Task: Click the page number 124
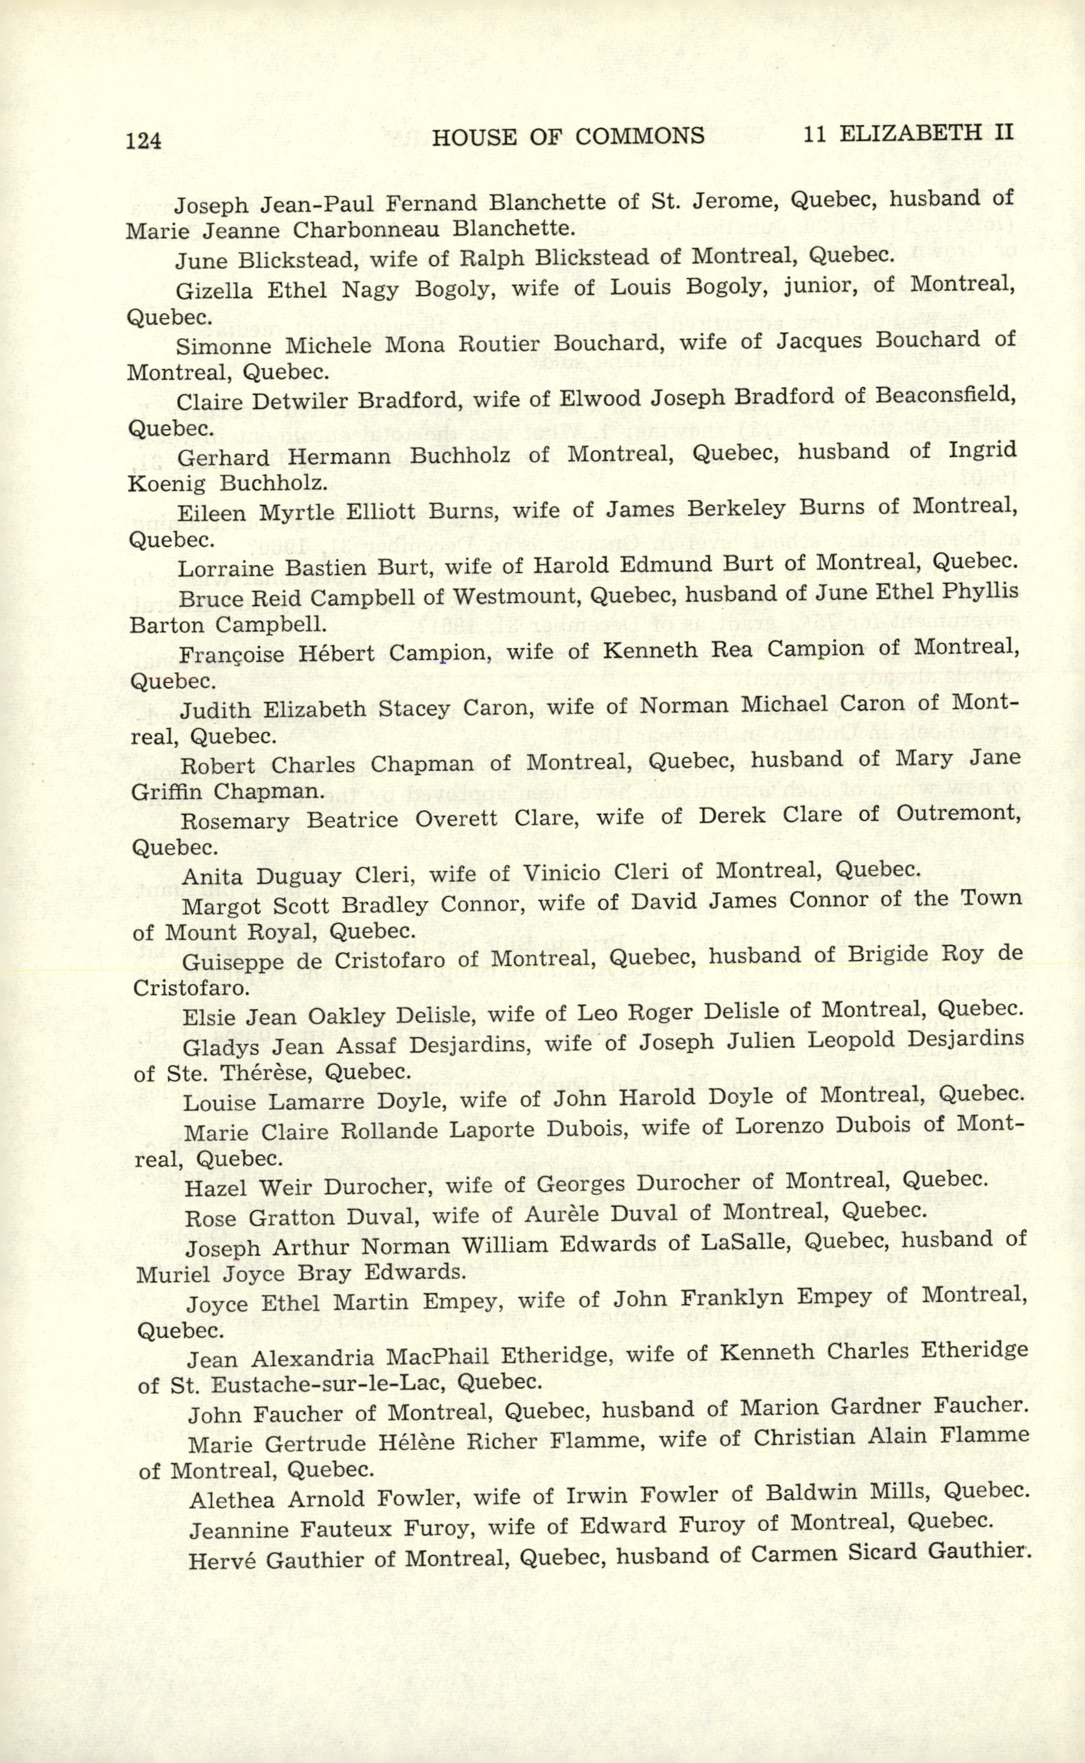coord(143,141)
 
